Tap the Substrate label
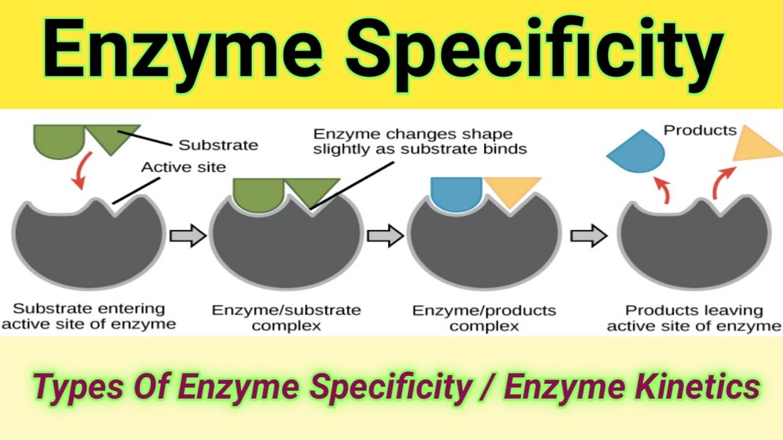[218, 145]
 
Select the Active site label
[184, 167]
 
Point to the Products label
[700, 130]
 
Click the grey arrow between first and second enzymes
[187, 236]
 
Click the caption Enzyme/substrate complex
[286, 318]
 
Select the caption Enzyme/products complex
[484, 318]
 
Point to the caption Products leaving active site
[694, 318]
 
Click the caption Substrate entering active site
[89, 316]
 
